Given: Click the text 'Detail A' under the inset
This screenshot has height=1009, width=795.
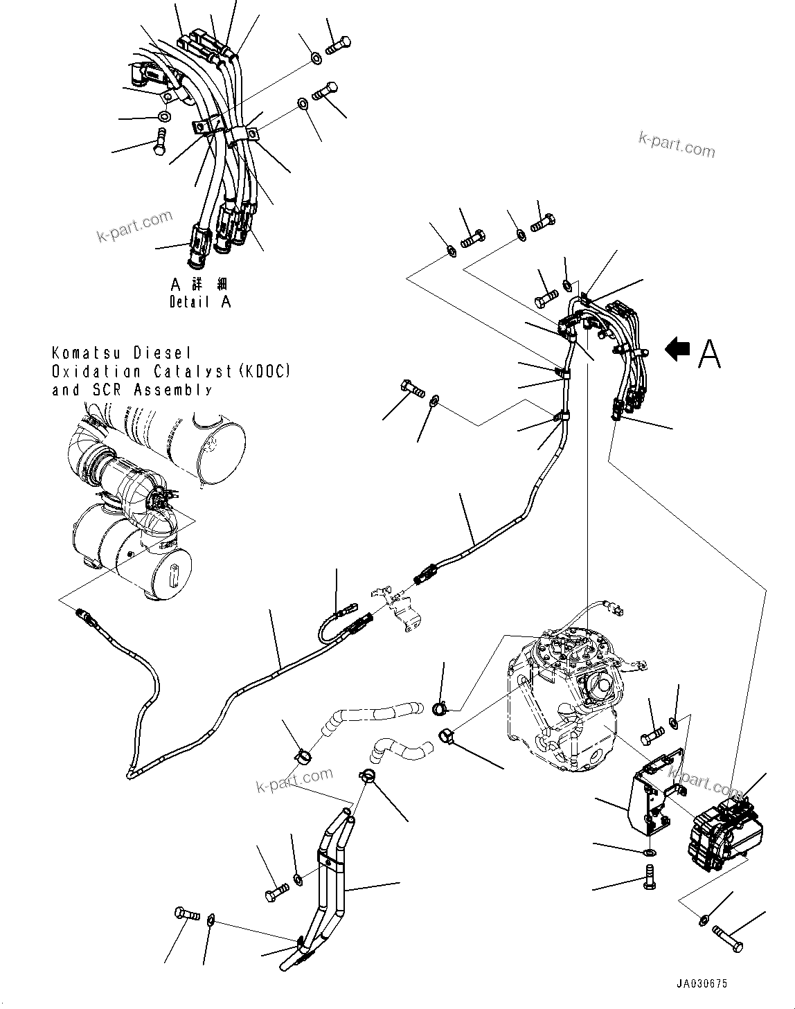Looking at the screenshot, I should point(200,302).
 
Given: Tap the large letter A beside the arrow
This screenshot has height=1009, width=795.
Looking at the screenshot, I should point(709,353).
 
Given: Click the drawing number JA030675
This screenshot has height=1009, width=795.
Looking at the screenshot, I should point(703,984).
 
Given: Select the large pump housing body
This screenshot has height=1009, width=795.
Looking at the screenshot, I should point(561,699).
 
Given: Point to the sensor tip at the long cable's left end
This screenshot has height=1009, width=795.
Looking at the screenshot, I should point(82,614).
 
